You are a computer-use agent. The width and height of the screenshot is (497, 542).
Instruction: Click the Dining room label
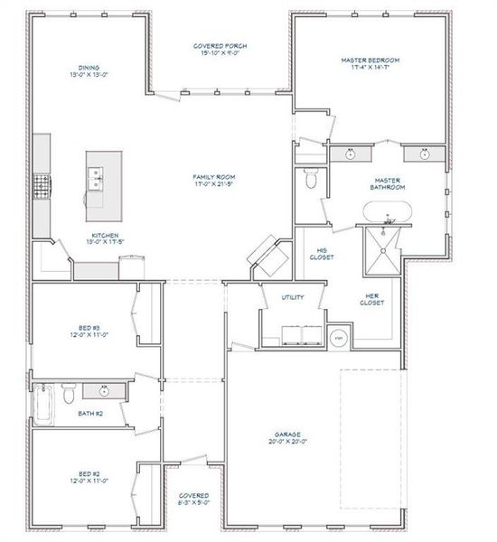[x=89, y=67]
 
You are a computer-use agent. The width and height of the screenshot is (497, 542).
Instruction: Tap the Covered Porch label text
[x=220, y=45]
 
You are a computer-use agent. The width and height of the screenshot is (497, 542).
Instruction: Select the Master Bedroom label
[x=370, y=61]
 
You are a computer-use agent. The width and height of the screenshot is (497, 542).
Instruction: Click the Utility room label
[x=293, y=296]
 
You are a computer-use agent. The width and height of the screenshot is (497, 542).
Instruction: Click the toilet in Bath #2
[x=69, y=394]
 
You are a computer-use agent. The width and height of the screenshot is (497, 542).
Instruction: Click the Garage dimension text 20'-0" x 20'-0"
[x=289, y=442]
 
